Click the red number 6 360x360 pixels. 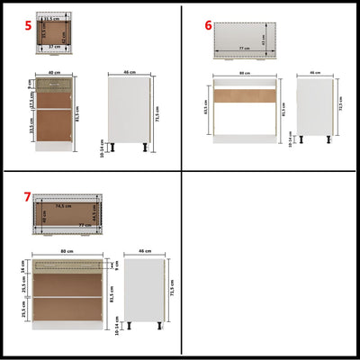click(209, 25)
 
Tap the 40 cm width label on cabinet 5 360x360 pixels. click(54, 72)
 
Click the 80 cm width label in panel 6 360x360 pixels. click(243, 73)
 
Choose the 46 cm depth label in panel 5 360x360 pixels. click(129, 72)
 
